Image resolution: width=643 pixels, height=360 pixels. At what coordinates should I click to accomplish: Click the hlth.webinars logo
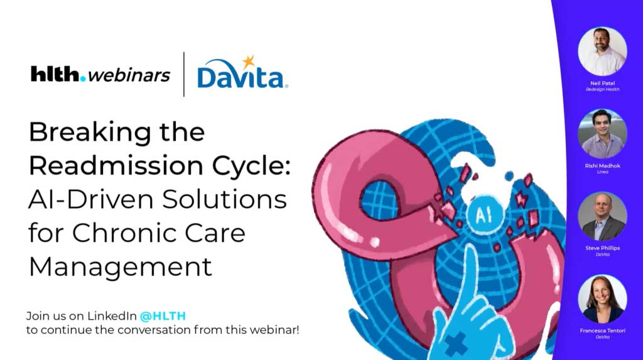tap(100, 75)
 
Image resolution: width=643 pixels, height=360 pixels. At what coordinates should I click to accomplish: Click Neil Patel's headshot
tap(602, 52)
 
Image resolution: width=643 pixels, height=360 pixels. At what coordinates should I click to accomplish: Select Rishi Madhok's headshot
tap(602, 133)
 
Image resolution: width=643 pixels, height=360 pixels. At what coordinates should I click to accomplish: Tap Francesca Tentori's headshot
tap(602, 299)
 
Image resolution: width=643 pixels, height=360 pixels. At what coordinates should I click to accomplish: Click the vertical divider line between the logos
tap(184, 74)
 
